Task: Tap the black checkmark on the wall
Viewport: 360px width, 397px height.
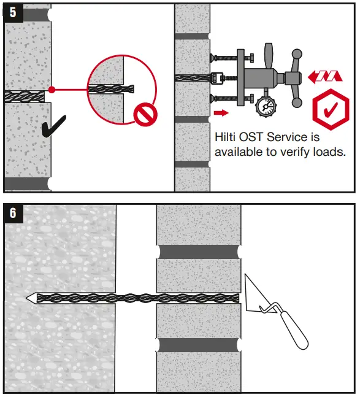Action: (54, 125)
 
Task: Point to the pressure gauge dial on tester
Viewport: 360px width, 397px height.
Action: (266, 105)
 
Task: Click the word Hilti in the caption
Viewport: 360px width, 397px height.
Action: (226, 137)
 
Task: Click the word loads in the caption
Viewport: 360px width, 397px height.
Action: (328, 152)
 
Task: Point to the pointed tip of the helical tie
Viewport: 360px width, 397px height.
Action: (30, 298)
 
